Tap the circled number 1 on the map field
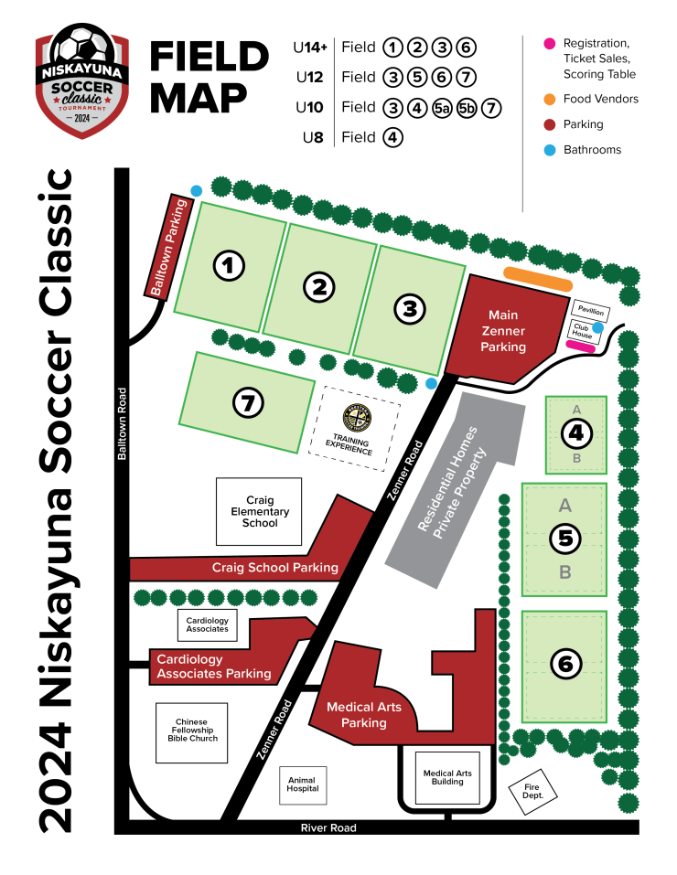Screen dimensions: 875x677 click(x=229, y=266)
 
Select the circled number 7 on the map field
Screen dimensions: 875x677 click(x=248, y=400)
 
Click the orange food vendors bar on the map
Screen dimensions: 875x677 click(x=538, y=279)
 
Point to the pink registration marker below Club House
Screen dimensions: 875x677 click(x=582, y=347)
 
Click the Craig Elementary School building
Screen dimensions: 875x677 click(x=260, y=512)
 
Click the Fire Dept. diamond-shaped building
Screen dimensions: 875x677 click(x=532, y=790)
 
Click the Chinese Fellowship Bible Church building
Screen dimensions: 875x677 click(x=192, y=730)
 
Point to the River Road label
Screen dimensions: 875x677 click(x=328, y=827)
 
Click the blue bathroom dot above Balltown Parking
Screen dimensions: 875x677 click(x=196, y=190)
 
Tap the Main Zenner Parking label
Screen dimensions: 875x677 click(x=504, y=330)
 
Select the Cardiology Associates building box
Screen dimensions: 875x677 click(x=208, y=625)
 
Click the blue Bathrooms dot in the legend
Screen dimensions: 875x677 click(x=550, y=150)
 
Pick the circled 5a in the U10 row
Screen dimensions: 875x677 click(x=441, y=108)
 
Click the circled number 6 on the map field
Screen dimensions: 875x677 click(x=564, y=665)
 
